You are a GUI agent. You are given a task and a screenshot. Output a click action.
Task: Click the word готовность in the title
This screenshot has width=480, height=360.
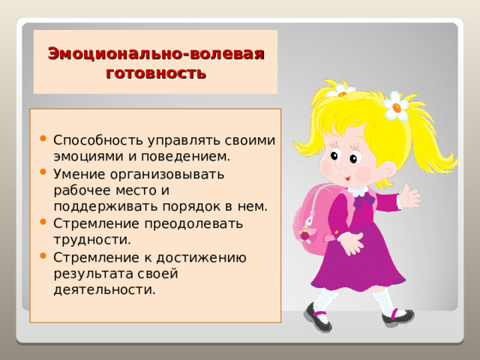click(156, 73)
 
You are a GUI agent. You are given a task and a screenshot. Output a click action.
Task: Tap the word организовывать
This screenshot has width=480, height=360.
click(166, 173)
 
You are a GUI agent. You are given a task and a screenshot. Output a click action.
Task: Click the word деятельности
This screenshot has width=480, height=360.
click(104, 289)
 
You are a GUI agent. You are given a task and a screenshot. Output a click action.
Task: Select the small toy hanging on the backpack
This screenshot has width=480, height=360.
click(306, 232)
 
